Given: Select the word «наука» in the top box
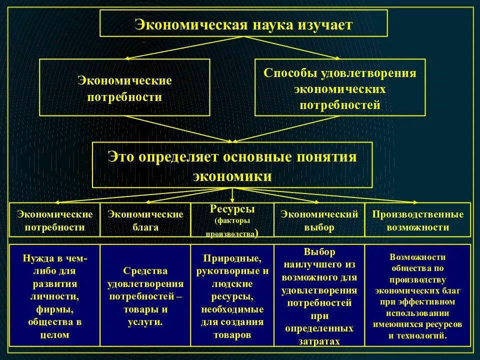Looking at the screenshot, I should (271, 24).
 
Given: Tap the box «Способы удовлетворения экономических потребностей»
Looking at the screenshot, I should (340, 88).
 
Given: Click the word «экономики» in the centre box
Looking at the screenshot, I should (232, 176).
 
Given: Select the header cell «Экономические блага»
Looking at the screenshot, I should (145, 220).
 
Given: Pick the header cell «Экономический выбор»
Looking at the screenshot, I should (319, 220).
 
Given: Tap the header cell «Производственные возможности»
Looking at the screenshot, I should (417, 220).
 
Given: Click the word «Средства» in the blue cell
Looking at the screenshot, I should (145, 270).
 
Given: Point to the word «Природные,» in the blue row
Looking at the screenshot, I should (232, 258).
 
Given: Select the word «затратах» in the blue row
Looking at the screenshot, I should (319, 341).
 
